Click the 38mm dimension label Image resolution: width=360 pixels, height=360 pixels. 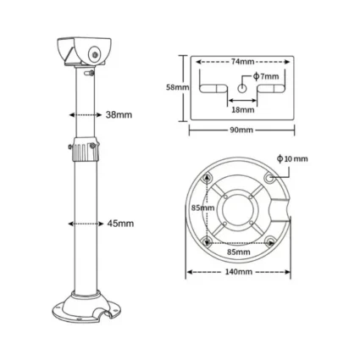click(x=119, y=115)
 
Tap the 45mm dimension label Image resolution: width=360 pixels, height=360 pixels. click(x=120, y=224)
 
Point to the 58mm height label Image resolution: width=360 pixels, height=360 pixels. click(x=178, y=87)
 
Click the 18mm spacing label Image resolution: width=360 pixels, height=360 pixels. click(x=243, y=109)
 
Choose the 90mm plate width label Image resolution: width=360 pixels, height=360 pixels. click(x=242, y=130)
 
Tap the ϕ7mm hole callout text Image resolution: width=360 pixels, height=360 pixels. click(x=266, y=76)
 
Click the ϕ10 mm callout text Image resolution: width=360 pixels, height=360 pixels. click(x=292, y=159)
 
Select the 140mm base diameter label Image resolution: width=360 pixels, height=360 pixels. click(x=239, y=272)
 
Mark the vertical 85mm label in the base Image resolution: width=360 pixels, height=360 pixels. click(x=202, y=208)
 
